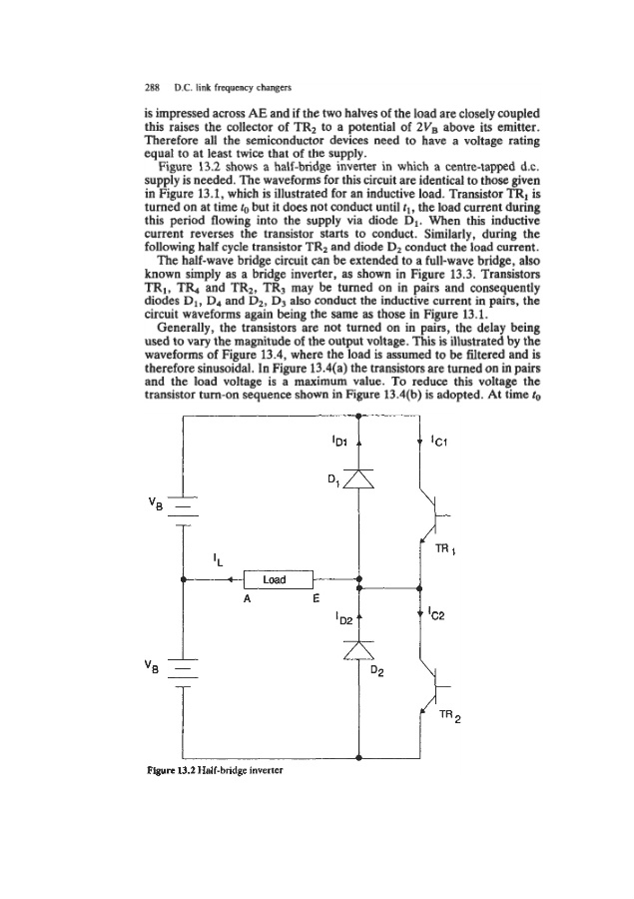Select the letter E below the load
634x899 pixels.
pos(315,601)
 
